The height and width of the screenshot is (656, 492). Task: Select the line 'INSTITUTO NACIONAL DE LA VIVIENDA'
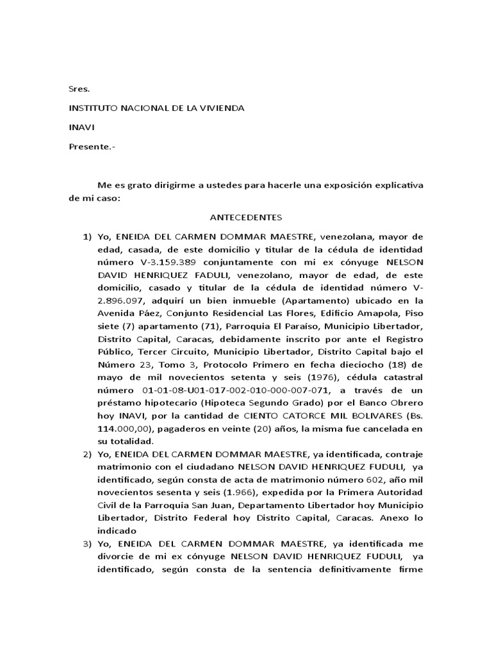point(156,108)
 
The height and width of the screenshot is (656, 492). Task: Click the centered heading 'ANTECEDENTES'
point(246,217)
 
